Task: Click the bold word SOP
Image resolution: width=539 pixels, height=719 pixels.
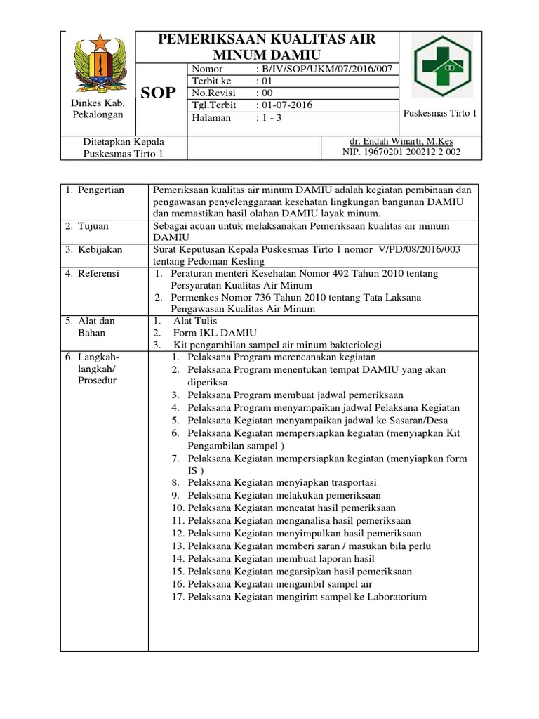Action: pos(159,93)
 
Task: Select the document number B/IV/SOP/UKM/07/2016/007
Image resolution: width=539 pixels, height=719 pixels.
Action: pos(326,69)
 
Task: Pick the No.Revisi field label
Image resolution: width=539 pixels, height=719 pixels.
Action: pos(214,93)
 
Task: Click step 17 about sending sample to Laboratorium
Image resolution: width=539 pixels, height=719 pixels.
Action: pos(307,597)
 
